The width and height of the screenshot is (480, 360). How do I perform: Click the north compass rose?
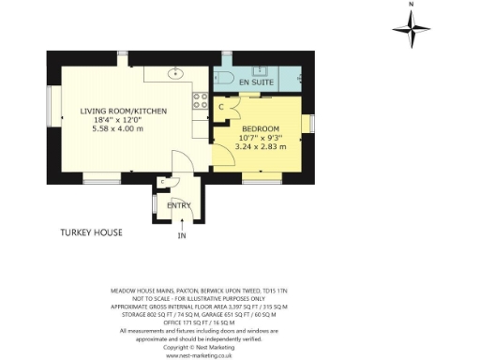[411, 31]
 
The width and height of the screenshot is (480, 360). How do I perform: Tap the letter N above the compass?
[411, 6]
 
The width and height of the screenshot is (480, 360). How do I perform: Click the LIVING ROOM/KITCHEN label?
[129, 111]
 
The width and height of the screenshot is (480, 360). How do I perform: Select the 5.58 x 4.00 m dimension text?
[129, 128]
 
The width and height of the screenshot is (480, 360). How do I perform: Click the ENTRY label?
[178, 204]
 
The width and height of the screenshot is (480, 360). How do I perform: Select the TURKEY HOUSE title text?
[92, 232]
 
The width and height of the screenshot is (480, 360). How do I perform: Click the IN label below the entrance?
[182, 235]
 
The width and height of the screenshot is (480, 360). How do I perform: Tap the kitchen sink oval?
[176, 72]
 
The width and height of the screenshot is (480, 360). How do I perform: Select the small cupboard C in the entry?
[165, 182]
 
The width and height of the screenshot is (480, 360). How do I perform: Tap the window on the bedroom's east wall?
[310, 122]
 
